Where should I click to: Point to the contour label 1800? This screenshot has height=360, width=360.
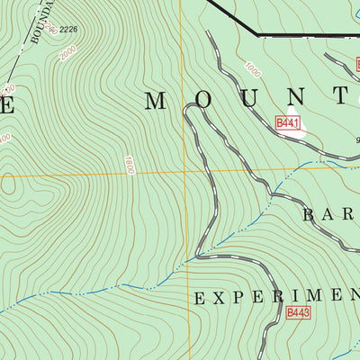coord(130,165)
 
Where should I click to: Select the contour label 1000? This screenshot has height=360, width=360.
coord(252,70)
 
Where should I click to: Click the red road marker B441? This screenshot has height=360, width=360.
coord(287,121)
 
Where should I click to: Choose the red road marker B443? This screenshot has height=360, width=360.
coord(298,312)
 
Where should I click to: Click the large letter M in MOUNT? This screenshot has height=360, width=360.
coord(157,100)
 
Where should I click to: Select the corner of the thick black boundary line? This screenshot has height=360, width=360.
coord(258,35)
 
